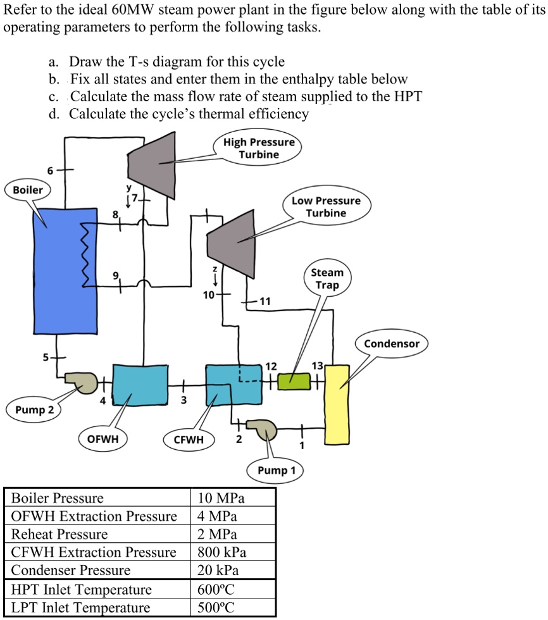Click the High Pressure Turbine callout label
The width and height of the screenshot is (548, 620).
(x=259, y=148)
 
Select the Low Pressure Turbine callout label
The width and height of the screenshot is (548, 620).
(x=326, y=207)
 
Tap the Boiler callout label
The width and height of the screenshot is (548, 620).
(x=28, y=190)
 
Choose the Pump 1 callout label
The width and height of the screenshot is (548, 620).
(x=277, y=470)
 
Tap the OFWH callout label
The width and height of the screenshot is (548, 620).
(x=103, y=438)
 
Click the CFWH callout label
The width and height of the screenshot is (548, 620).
(x=189, y=438)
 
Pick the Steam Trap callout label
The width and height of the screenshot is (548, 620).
(x=327, y=278)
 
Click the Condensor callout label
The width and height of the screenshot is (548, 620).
(x=392, y=344)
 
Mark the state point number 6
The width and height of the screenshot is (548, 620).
(x=49, y=170)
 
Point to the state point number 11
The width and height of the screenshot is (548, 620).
(x=265, y=301)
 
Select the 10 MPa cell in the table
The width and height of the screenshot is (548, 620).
(x=221, y=498)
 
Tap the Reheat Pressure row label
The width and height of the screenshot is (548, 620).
(x=60, y=535)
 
